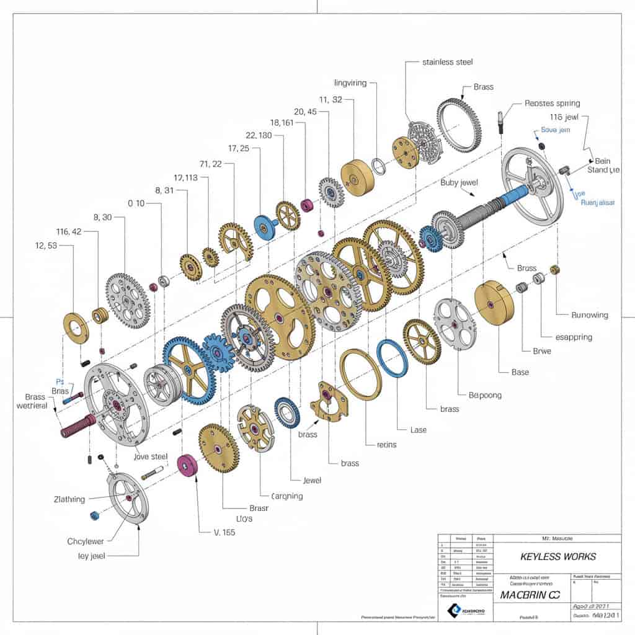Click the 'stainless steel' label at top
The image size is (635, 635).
click(x=447, y=62)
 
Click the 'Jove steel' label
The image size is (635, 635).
click(x=151, y=456)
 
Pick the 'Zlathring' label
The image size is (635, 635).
click(x=70, y=499)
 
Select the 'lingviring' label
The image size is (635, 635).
click(x=350, y=82)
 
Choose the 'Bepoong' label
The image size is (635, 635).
click(x=480, y=394)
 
